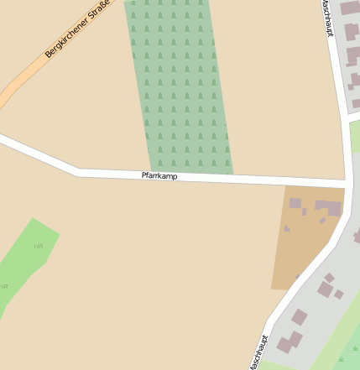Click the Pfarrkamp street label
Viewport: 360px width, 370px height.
pos(159,176)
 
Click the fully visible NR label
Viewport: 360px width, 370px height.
pos(38,246)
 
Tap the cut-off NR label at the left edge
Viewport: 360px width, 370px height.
pos(3,287)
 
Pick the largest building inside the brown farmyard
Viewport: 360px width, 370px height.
pos(328,206)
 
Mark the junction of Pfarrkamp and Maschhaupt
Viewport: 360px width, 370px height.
pos(347,182)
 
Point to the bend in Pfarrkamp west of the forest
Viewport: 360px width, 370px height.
pos(79,172)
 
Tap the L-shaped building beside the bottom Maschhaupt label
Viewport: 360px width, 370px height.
pos(290,342)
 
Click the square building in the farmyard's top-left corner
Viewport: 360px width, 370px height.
pos(295,203)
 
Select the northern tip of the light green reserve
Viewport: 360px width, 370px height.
pos(34,220)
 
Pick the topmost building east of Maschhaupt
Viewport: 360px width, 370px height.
pos(348,8)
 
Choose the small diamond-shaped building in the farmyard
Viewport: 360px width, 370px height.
pos(322,221)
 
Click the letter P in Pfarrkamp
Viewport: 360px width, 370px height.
pos(144,175)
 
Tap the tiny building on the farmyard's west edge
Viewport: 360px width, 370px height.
pos(287,228)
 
